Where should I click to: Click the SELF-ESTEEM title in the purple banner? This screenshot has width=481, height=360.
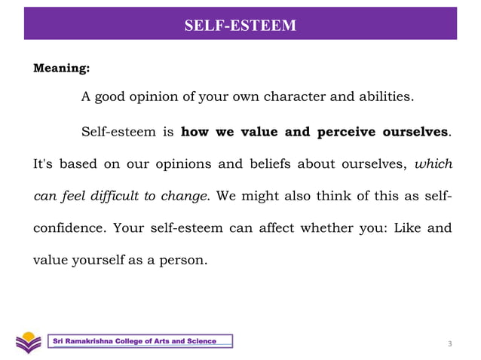coord(240,26)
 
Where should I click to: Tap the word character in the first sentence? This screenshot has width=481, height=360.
coord(291,98)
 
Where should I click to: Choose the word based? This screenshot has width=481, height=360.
coord(78,163)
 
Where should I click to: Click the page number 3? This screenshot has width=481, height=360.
coord(450,344)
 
